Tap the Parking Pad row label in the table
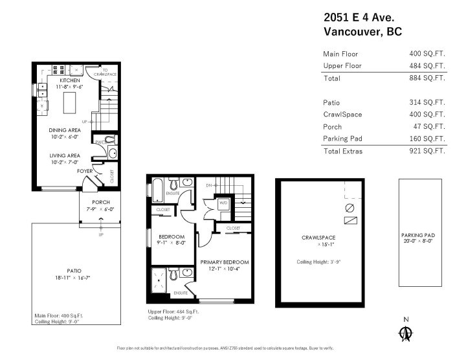pos(342,139)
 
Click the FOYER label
pos(85,172)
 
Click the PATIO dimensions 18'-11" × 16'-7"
pos(74,277)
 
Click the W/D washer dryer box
pos(224,203)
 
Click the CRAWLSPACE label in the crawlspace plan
pos(320,238)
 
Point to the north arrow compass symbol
pos(406,333)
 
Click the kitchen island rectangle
pos(71,102)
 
